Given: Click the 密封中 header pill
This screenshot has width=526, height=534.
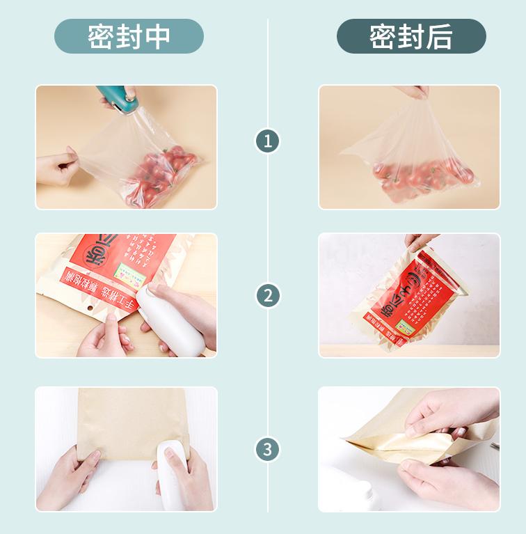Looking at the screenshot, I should pos(129,36).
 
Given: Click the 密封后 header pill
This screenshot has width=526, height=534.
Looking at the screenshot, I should pos(411,36).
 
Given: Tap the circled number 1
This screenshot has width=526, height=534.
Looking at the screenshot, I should pos(268,141).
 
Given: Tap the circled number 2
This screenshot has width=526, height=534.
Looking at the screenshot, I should pos(268,295).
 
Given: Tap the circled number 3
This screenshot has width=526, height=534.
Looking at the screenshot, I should pos(268,449).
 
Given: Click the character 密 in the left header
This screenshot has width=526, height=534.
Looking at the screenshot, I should pos(100,37).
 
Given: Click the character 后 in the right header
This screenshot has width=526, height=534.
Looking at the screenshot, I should pos(440,37).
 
